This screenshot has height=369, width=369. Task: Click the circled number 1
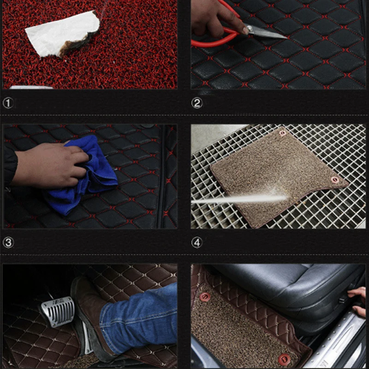pos(8,103)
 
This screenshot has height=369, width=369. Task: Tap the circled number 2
pos(197,103)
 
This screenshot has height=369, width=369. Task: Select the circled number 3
pos(8,243)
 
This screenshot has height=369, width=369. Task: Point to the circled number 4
pos(197,243)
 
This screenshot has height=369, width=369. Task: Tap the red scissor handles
pos(219,33)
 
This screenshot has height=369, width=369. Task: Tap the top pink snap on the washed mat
pos(282,133)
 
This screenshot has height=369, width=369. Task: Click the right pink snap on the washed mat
pos(335,180)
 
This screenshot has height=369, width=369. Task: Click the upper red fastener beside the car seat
pos(205,297)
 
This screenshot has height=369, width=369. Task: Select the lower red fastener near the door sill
pos(284,359)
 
